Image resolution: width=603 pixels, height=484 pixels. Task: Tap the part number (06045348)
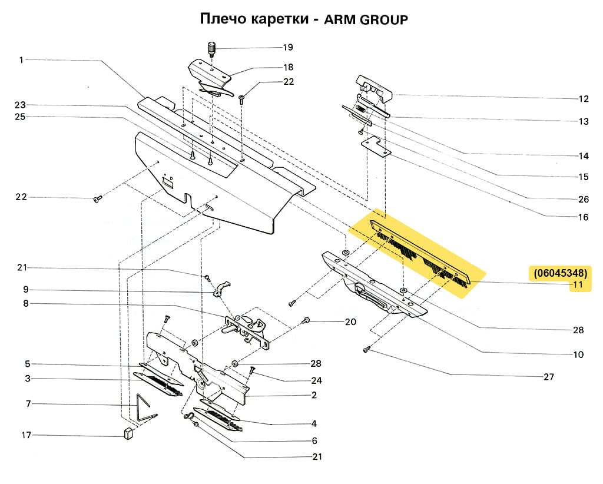(x=560, y=273)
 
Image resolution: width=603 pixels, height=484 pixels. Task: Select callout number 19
(x=287, y=47)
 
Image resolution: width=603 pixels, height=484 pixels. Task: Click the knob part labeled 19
(x=211, y=48)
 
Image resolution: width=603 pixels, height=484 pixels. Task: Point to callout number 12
(x=583, y=98)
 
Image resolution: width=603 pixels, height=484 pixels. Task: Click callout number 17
(x=26, y=435)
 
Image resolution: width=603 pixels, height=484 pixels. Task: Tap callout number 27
(x=548, y=377)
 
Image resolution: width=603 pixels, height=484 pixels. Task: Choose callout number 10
(x=578, y=354)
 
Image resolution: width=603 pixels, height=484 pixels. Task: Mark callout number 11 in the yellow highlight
(x=578, y=285)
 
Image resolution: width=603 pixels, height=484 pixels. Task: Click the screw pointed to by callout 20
(x=306, y=320)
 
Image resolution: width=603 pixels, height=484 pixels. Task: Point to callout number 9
(x=26, y=290)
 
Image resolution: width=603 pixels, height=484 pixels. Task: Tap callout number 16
(x=583, y=217)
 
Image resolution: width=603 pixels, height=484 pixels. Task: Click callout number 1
(x=21, y=59)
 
